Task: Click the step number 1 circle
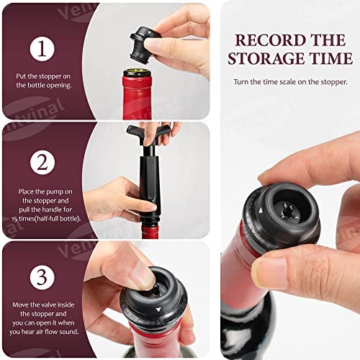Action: click(42, 49)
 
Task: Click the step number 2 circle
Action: click(42, 163)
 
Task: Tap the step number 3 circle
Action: click(42, 277)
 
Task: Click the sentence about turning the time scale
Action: click(290, 82)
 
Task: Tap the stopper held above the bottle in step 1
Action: click(145, 45)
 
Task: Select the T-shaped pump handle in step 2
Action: click(148, 133)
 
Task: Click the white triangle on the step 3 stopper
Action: click(158, 309)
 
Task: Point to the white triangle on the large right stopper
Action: click(261, 211)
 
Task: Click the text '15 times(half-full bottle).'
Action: click(46, 219)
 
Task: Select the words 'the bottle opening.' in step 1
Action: click(44, 86)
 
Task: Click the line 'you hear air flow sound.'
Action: click(44, 332)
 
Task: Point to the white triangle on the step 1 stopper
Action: click(149, 32)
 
